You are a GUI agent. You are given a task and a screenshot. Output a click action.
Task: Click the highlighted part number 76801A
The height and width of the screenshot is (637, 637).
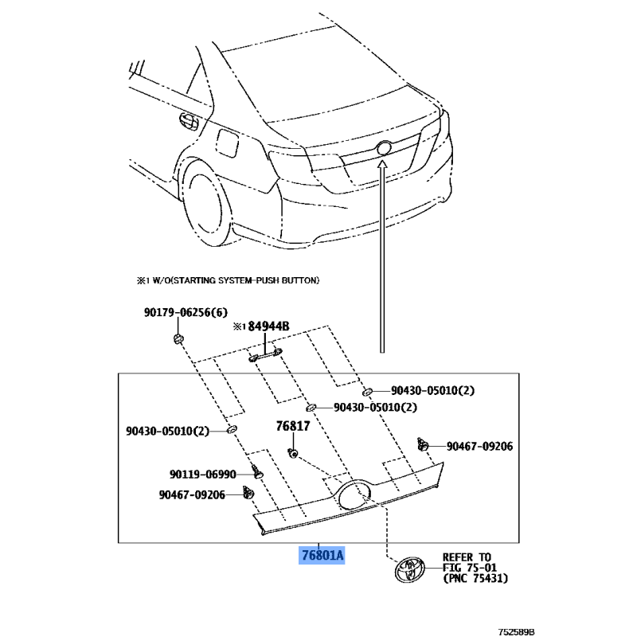pyautogui.click(x=322, y=555)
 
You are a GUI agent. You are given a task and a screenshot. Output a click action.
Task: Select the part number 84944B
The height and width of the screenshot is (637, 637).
pyautogui.click(x=268, y=326)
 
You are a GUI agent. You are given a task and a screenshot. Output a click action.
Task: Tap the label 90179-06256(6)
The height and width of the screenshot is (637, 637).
pyautogui.click(x=186, y=312)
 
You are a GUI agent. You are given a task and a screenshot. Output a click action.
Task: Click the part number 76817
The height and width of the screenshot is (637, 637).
pyautogui.click(x=293, y=426)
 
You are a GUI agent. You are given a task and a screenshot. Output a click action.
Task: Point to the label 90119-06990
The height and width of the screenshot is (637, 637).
pyautogui.click(x=203, y=474)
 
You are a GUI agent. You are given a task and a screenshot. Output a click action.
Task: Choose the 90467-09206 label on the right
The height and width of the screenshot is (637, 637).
pyautogui.click(x=480, y=446)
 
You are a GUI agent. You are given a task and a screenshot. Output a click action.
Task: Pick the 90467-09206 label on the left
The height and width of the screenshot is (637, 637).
pyautogui.click(x=192, y=494)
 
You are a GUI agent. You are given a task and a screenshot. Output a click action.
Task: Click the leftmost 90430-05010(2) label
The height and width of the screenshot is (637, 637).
pyautogui.click(x=167, y=431)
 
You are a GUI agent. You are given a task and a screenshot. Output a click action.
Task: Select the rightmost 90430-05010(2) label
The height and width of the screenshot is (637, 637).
pyautogui.click(x=432, y=390)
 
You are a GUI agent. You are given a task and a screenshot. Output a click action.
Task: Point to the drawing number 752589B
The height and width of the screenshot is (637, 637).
pyautogui.click(x=516, y=631)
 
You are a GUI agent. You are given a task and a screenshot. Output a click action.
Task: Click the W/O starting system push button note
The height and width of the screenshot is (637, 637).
pyautogui.click(x=228, y=280)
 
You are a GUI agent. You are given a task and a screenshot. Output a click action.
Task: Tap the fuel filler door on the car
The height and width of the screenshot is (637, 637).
pyautogui.click(x=227, y=143)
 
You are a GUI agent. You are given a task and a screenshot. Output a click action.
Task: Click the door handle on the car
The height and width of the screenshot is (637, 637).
pyautogui.click(x=189, y=121)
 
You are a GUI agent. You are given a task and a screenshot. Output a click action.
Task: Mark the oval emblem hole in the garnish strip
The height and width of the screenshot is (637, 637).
pyautogui.click(x=354, y=495)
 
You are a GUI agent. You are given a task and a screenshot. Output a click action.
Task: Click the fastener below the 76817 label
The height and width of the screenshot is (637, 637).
pyautogui.click(x=293, y=453)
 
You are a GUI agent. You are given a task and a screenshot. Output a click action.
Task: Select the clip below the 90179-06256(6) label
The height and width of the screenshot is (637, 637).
pyautogui.click(x=178, y=338)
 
